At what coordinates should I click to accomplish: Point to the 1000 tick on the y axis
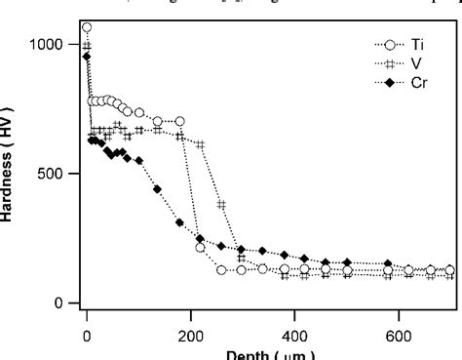pos(46,45)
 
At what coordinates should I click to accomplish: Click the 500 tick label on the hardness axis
pos(53,174)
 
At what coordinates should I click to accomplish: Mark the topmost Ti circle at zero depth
pos(87,27)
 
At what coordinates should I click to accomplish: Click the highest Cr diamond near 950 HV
pos(87,57)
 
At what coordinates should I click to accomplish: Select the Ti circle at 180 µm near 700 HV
pos(179,121)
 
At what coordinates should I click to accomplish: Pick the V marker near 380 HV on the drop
pos(221,205)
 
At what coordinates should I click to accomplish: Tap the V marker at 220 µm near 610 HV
pos(201,144)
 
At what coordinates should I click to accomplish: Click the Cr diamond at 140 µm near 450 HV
pos(159,187)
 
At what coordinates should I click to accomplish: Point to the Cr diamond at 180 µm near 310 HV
pos(179,222)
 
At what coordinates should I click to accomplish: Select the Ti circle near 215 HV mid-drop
pos(201,248)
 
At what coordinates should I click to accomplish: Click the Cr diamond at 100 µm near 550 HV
pos(138,160)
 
